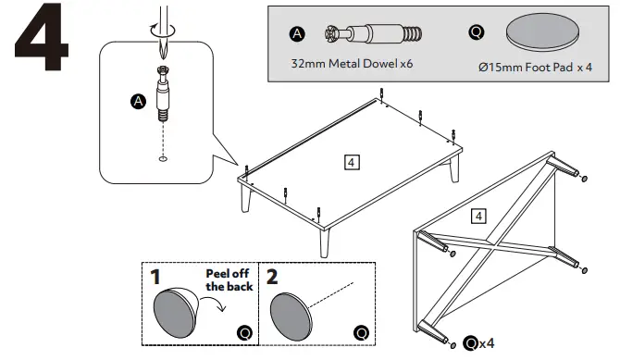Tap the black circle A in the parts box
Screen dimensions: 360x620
point(297,34)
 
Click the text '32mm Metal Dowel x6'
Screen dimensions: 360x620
point(351,66)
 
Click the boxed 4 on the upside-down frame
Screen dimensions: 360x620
point(478,217)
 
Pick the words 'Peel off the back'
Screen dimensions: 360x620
point(228,281)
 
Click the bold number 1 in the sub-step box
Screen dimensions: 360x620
point(156,278)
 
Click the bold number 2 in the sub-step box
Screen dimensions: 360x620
point(272,278)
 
